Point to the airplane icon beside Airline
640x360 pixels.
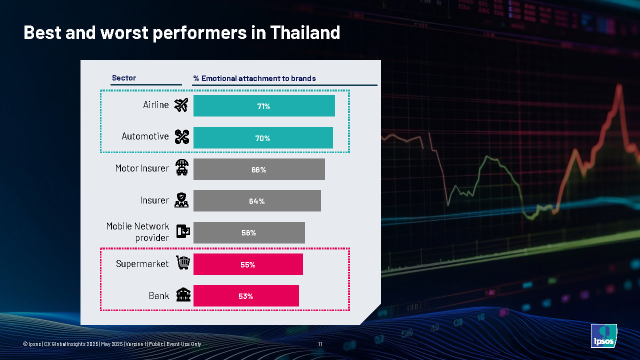coord(181,105)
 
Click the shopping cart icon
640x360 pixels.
coord(182,263)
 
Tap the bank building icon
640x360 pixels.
coord(182,295)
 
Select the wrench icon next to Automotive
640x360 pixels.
coord(181,137)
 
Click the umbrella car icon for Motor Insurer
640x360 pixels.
coord(182,168)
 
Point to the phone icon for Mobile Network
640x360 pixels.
coord(183,231)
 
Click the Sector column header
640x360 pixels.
coord(124,78)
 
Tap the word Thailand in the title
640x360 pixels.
coord(305,33)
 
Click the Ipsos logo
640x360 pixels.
coord(603,335)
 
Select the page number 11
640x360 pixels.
coord(320,344)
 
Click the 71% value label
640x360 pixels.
coord(263,106)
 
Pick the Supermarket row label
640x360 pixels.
coord(142,263)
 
